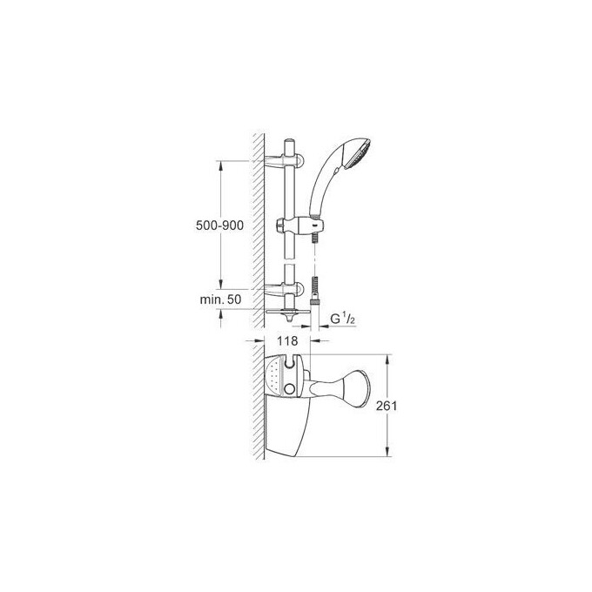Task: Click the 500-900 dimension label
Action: coord(219,225)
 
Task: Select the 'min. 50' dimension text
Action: coord(221,299)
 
